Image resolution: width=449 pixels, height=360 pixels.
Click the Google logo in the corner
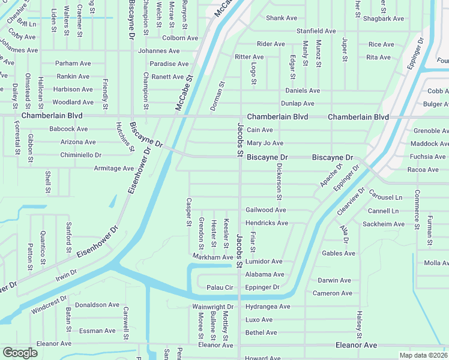[20, 353]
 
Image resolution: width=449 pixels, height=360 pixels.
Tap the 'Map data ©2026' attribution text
[424, 355]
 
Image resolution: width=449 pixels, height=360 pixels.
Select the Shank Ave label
[282, 18]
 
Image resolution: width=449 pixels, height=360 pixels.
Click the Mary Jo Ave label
[265, 143]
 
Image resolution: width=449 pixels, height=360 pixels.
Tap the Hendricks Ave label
[267, 223]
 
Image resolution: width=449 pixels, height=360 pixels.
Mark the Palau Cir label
[219, 287]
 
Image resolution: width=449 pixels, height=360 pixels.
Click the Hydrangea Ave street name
[267, 307]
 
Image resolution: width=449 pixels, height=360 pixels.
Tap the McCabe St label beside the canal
[184, 92]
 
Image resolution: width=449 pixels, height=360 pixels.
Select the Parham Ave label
[71, 63]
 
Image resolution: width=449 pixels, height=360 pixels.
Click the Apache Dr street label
[331, 175]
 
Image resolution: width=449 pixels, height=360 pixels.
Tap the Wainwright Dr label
[212, 307]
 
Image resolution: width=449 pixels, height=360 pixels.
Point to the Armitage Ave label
[113, 169]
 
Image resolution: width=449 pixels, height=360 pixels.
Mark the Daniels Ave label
[302, 91]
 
